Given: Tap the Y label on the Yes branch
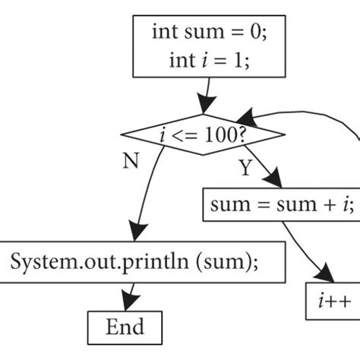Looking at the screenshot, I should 245,168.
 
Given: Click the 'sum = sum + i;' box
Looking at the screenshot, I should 280,203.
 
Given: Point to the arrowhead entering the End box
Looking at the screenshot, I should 128,302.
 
